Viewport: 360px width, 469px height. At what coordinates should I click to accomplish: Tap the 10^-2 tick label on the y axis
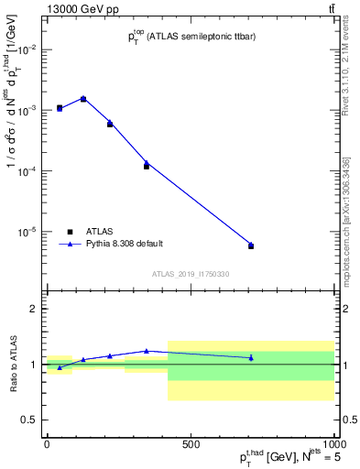(x=27, y=49)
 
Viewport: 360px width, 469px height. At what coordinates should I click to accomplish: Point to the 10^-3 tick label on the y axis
(x=27, y=110)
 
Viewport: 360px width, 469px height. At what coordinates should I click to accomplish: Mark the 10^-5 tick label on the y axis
(x=27, y=232)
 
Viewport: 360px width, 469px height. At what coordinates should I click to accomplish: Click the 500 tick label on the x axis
(x=191, y=444)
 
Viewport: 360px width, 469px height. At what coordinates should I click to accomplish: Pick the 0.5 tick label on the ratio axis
(x=28, y=420)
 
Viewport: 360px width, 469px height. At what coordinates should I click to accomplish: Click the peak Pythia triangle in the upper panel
(x=83, y=98)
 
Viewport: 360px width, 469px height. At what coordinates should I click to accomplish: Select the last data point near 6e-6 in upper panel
(x=251, y=245)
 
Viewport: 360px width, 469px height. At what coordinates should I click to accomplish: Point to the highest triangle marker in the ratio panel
(x=147, y=351)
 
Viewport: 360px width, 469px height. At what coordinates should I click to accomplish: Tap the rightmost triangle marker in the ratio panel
(x=251, y=357)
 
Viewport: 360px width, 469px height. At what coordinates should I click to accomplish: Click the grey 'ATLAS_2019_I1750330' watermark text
(x=190, y=274)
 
